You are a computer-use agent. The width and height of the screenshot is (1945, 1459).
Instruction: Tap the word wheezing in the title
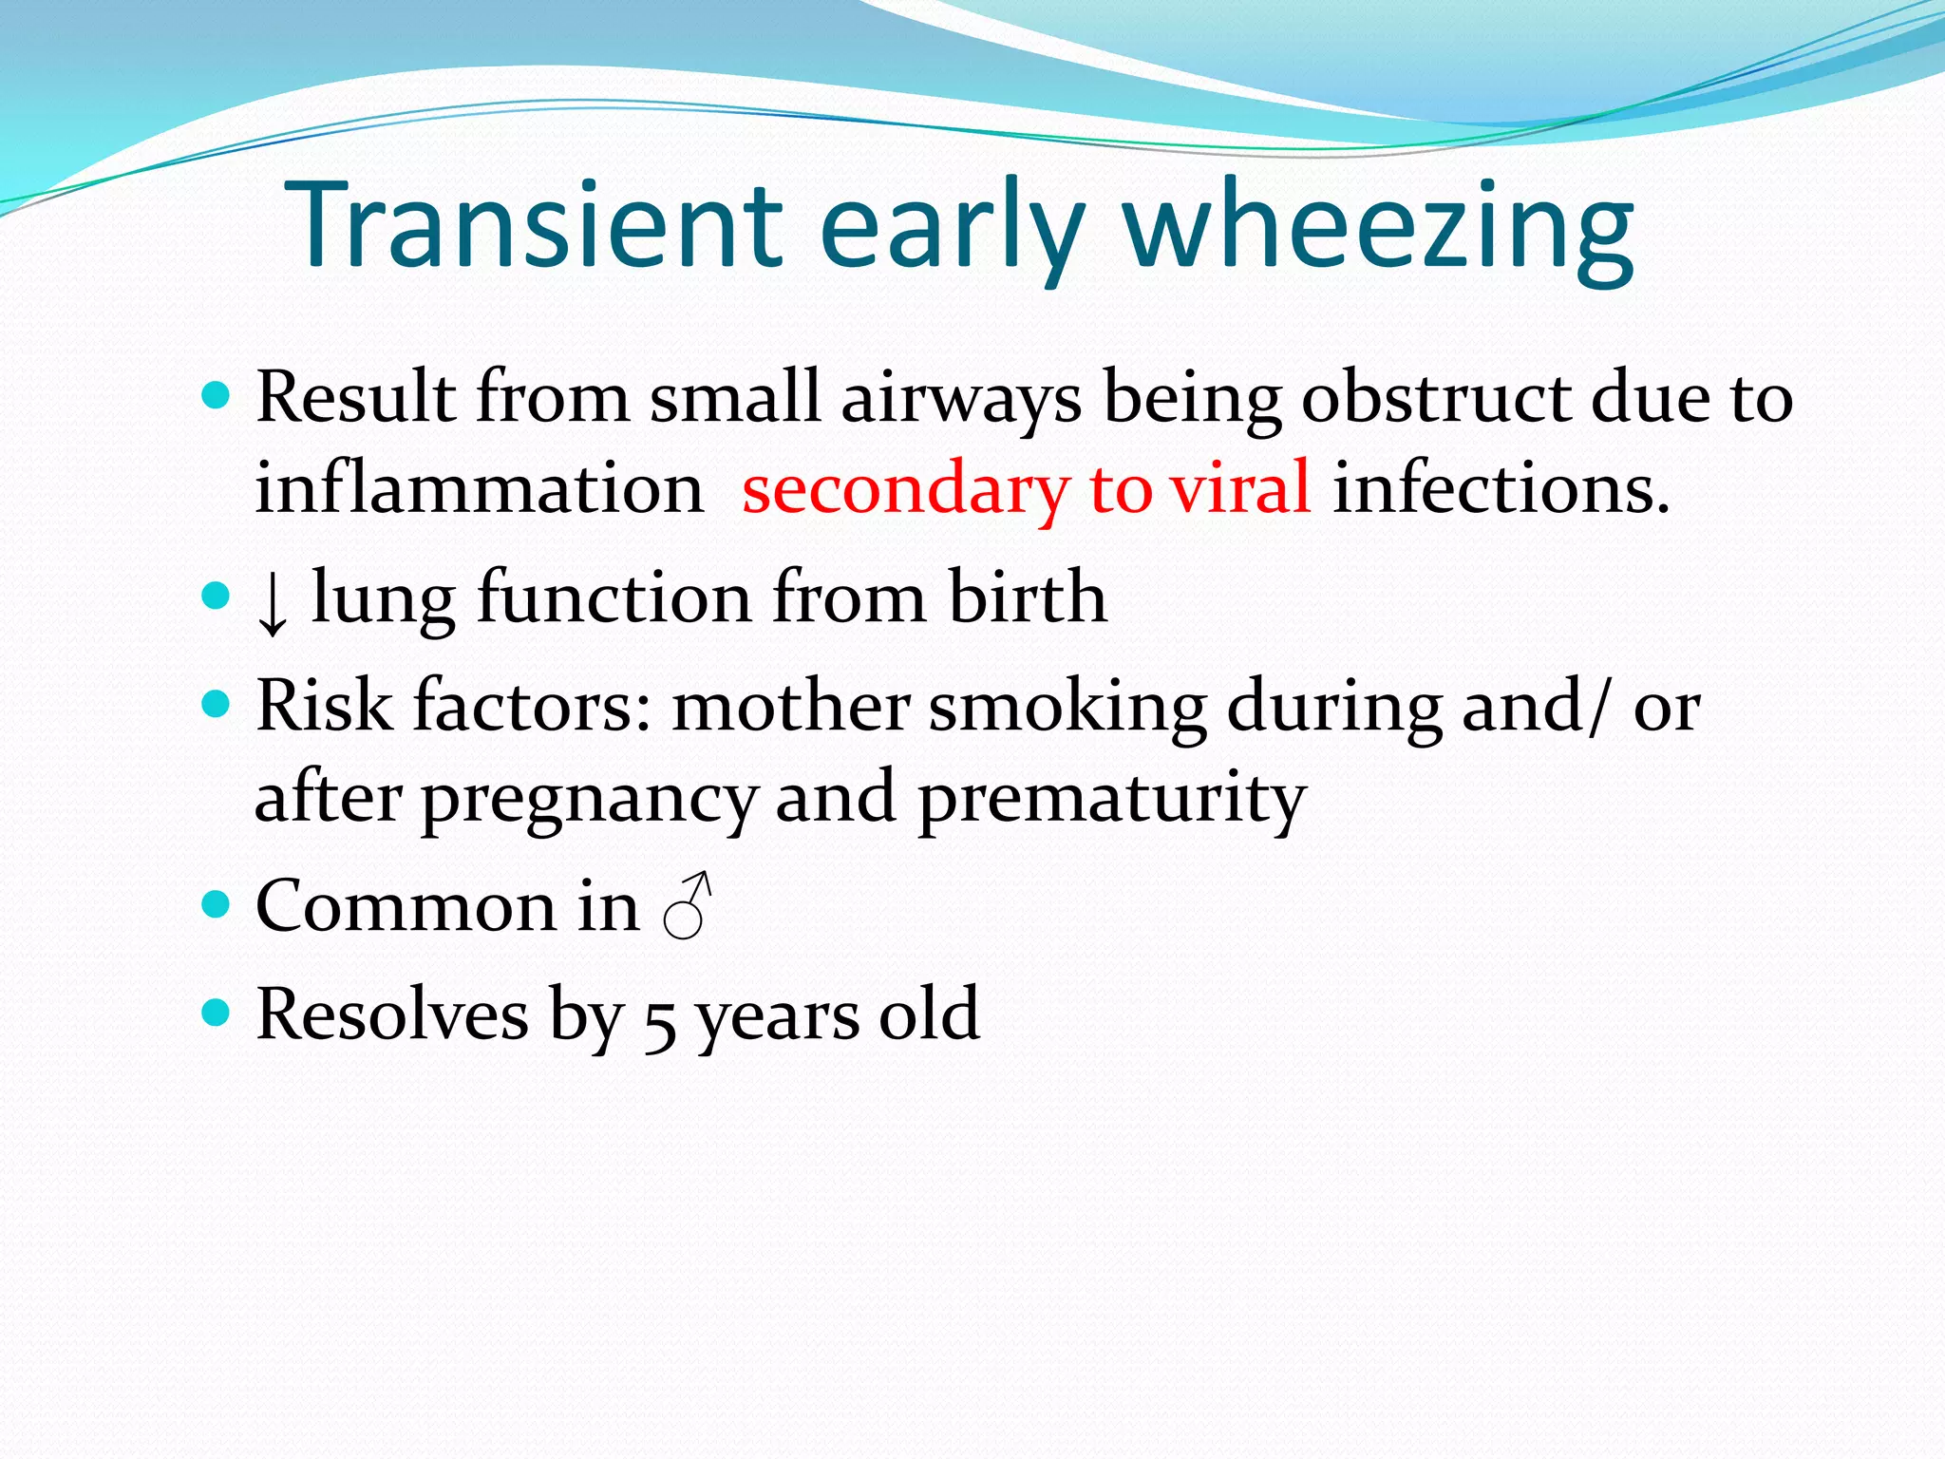pos(1378,228)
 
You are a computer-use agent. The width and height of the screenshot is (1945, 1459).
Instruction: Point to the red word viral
pos(1240,488)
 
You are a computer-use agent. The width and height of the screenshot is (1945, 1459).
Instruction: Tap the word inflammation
pos(479,488)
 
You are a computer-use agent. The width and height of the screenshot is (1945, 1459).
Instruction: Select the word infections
pos(1501,488)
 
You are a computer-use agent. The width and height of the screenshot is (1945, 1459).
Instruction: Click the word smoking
pos(1067,707)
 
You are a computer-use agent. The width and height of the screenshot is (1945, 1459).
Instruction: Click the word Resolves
pos(391,1014)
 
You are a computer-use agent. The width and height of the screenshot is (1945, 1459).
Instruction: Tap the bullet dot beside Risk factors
pos(217,704)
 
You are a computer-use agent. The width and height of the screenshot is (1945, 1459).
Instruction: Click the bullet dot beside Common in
pos(217,903)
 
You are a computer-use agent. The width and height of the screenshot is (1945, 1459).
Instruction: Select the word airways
pos(961,399)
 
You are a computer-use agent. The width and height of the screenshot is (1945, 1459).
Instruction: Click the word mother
pos(790,707)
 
